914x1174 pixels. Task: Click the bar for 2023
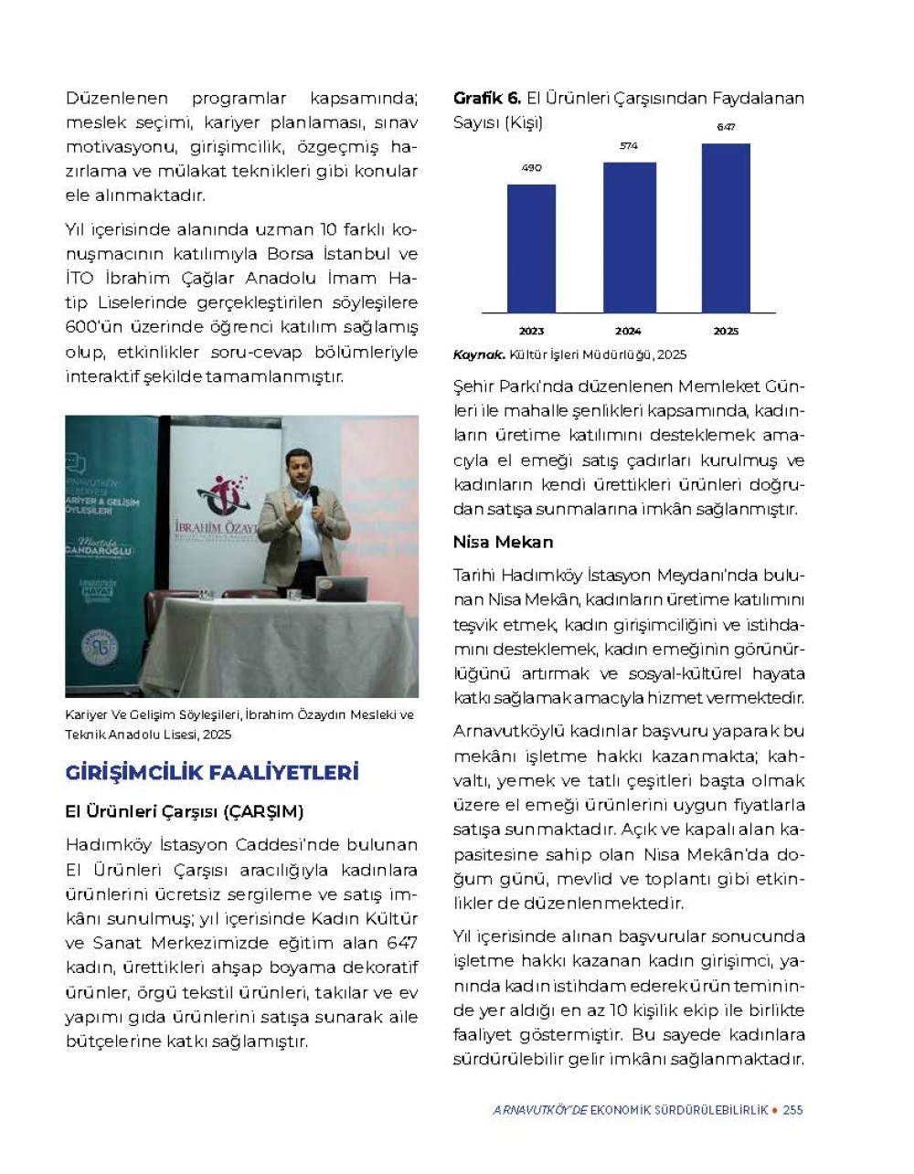[x=531, y=249]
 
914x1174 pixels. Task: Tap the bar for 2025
[x=726, y=228]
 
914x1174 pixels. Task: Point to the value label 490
[x=531, y=168]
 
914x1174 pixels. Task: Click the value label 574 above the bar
[x=629, y=146]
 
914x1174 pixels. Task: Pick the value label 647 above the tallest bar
[x=726, y=127]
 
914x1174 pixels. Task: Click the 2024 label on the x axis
[x=628, y=331]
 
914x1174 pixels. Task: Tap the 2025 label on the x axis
[x=726, y=331]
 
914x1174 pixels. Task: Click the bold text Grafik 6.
[x=486, y=98]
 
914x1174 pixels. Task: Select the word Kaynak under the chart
[x=478, y=354]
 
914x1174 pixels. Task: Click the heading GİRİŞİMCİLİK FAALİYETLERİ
[x=212, y=773]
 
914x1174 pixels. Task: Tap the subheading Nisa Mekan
[x=503, y=542]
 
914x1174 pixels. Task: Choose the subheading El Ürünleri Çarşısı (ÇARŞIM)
[x=185, y=811]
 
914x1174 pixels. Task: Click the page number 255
[x=793, y=1110]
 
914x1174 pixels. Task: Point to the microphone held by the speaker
[x=314, y=495]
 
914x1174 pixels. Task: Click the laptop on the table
[x=341, y=588]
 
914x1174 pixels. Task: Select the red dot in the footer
[x=775, y=1110]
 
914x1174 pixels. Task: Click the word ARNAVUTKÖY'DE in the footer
[x=539, y=1110]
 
